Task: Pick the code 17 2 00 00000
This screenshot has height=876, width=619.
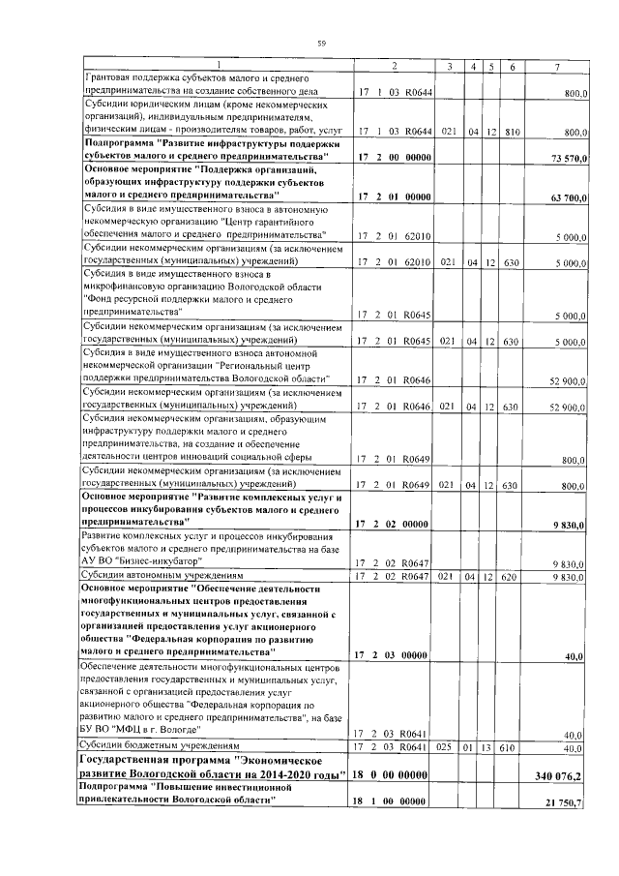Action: tap(394, 157)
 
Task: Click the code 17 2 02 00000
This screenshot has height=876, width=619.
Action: tap(394, 524)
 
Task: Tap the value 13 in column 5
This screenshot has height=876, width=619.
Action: tap(491, 747)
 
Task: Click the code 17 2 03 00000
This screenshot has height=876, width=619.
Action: tap(394, 655)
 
